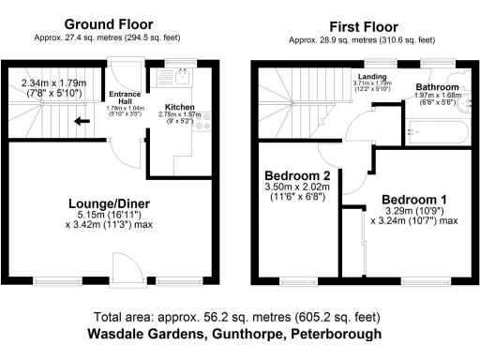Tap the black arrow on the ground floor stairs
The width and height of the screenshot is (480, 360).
(x=82, y=120)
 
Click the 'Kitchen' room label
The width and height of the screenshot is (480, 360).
(x=179, y=107)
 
